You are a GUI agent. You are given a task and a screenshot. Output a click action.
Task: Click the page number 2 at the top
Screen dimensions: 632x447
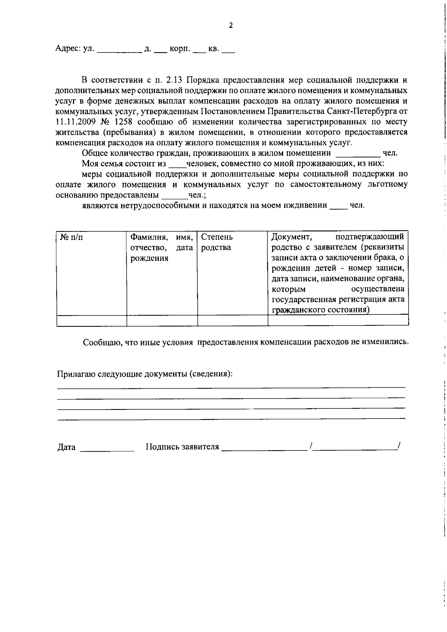[x=231, y=26]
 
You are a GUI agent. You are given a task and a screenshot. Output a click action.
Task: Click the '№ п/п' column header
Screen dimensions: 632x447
[x=72, y=237]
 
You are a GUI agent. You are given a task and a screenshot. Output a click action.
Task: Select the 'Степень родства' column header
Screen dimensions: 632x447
[x=216, y=242]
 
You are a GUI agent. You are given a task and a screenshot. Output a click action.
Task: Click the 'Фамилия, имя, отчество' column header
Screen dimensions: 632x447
[x=161, y=247]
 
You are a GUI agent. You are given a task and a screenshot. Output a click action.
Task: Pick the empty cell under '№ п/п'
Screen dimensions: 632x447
[x=91, y=320]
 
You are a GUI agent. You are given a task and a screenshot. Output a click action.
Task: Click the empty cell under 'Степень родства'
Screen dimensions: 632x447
[x=232, y=320]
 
